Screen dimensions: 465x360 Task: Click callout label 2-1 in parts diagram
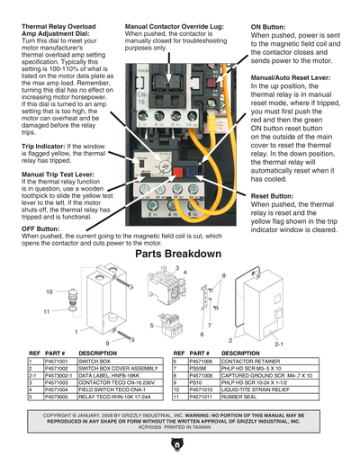(x=279, y=344)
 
